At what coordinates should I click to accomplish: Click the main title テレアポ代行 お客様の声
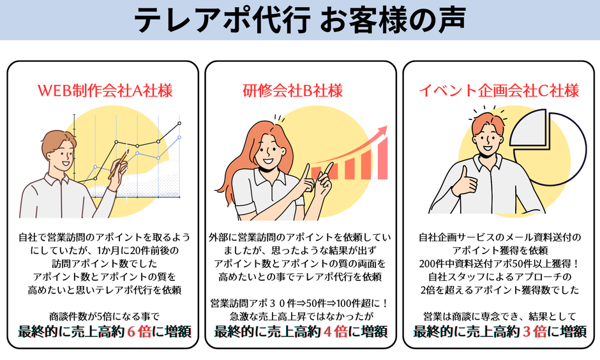click(300, 20)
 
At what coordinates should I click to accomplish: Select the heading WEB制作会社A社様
click(105, 91)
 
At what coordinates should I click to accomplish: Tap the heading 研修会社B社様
click(293, 91)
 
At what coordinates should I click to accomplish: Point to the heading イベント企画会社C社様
click(499, 91)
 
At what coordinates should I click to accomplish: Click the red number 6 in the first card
click(131, 332)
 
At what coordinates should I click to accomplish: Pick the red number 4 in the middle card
click(327, 332)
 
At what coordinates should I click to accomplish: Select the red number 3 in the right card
click(527, 332)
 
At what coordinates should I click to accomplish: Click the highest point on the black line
click(179, 123)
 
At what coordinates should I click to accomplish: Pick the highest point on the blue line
click(179, 137)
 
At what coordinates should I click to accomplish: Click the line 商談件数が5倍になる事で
click(104, 317)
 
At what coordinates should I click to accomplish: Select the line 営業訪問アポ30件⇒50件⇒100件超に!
click(300, 303)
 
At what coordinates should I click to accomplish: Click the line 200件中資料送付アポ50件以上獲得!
click(499, 264)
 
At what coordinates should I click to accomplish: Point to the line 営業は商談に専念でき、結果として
click(499, 317)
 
